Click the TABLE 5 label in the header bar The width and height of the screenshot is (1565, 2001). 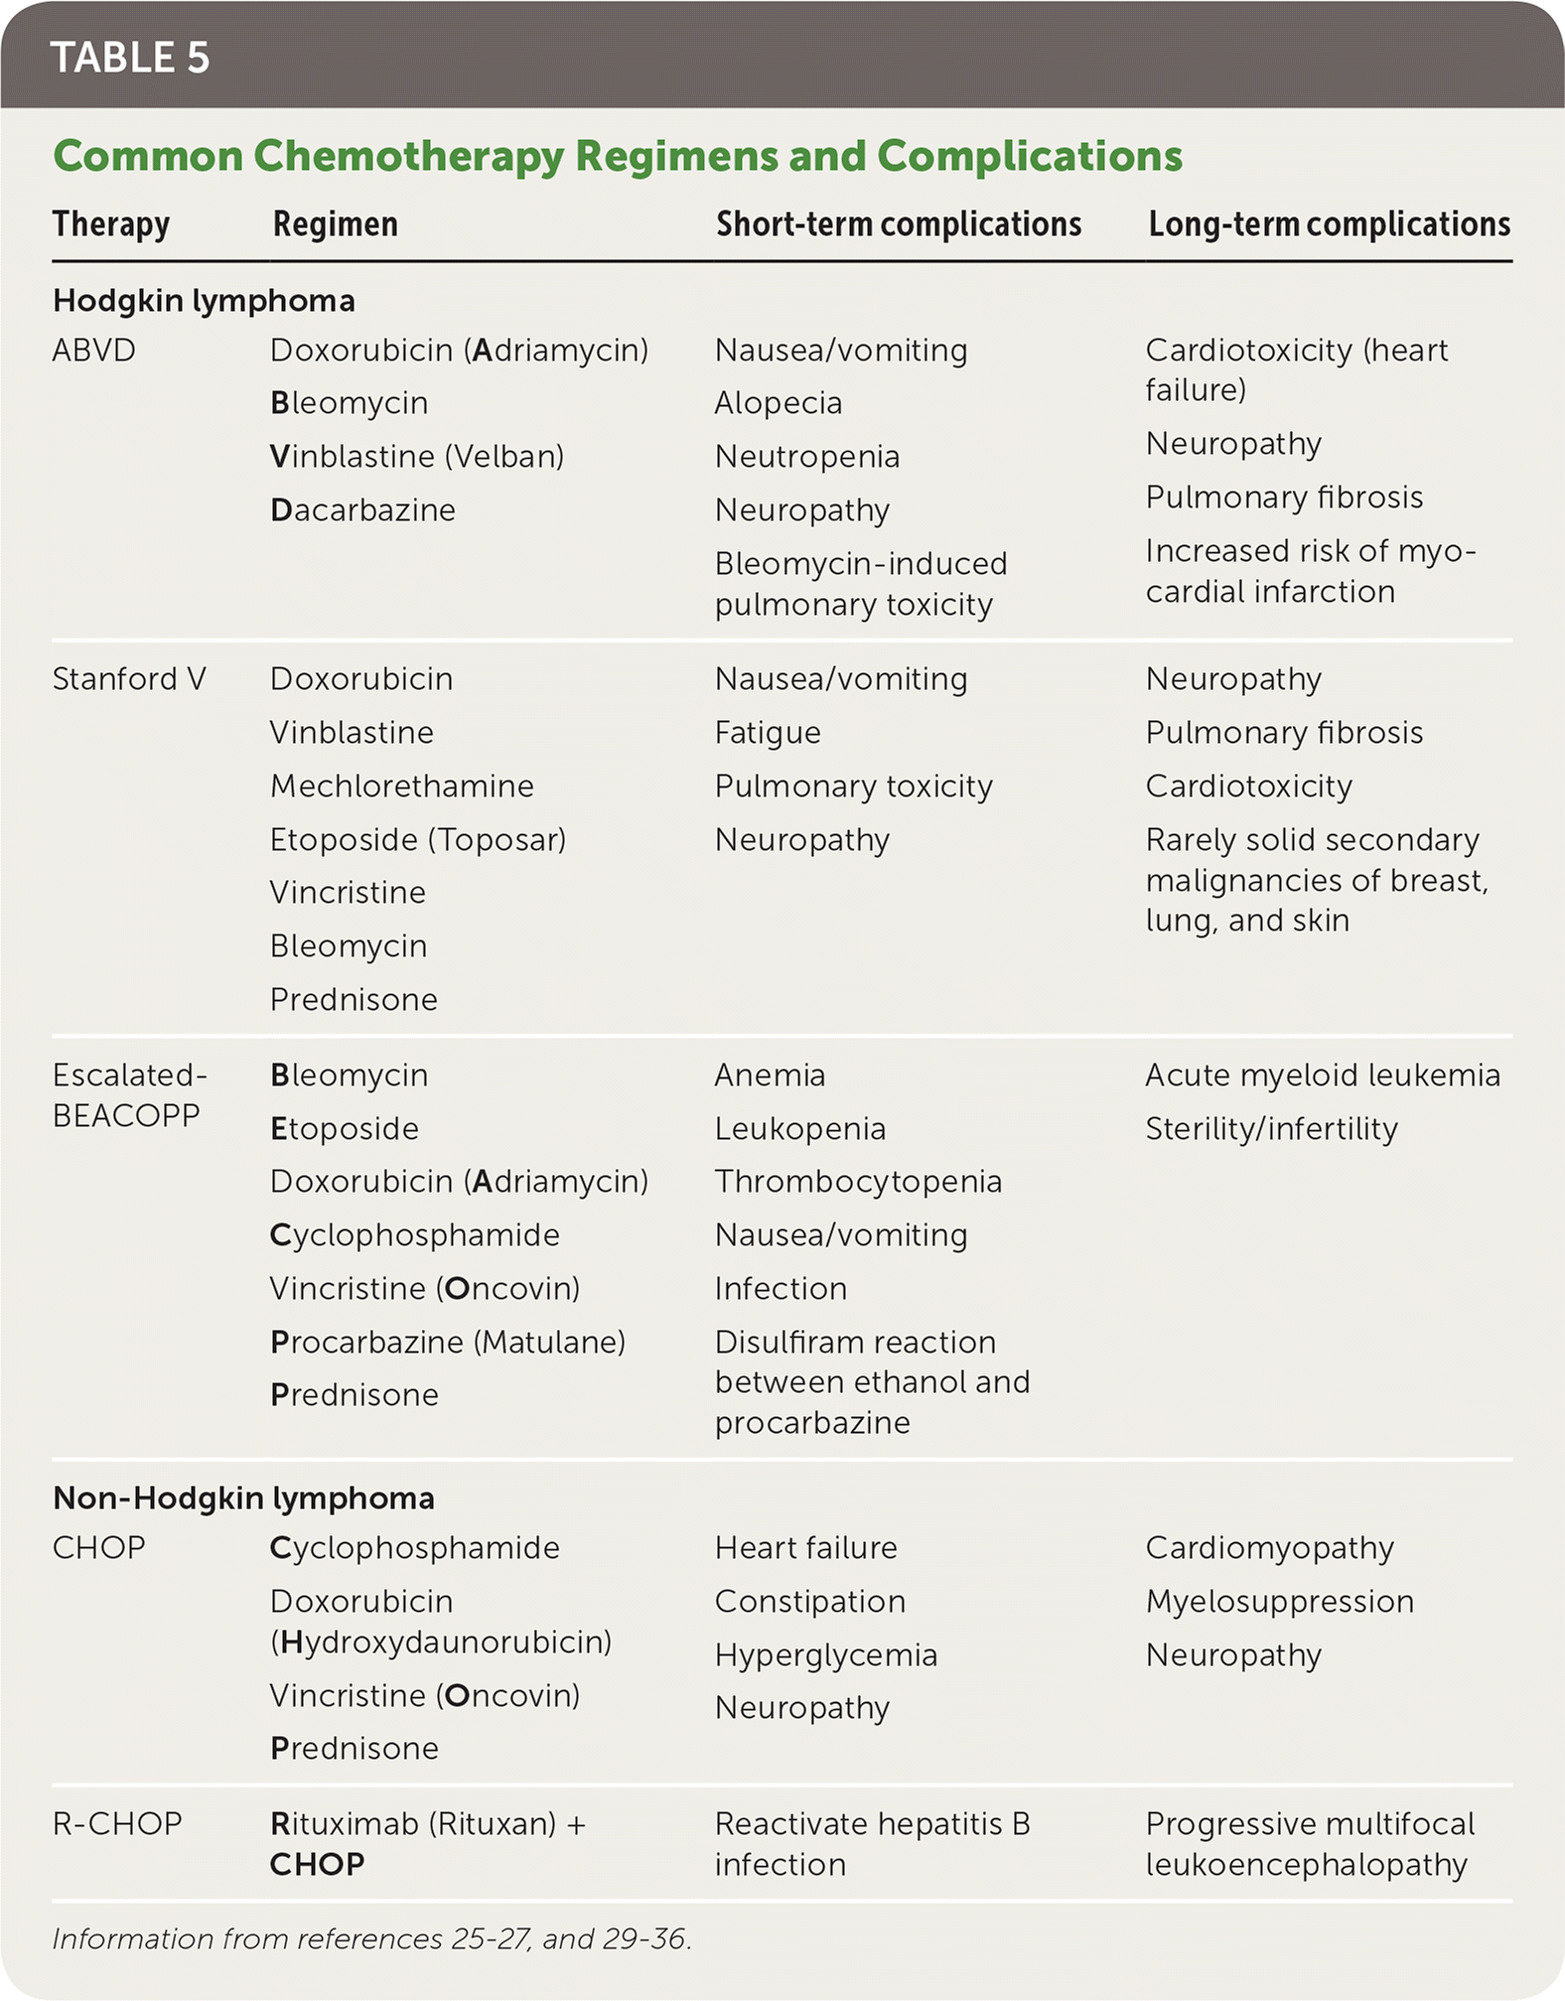pyautogui.click(x=129, y=58)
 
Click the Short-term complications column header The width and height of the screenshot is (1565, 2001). pyautogui.click(x=899, y=224)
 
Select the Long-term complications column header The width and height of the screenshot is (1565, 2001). pyautogui.click(x=1329, y=224)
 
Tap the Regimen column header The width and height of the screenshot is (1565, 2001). pyautogui.click(x=335, y=224)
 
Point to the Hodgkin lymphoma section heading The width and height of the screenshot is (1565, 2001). pyautogui.click(x=204, y=301)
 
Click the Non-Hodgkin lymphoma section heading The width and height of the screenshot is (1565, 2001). pyautogui.click(x=243, y=1498)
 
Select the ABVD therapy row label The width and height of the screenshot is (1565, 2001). pyautogui.click(x=93, y=351)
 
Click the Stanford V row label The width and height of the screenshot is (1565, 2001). pyautogui.click(x=129, y=679)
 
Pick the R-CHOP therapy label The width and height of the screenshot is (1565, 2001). pyautogui.click(x=117, y=1824)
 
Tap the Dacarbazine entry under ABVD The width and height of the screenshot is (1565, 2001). pyautogui.click(x=362, y=510)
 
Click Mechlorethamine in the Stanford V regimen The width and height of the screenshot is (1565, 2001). pyautogui.click(x=401, y=786)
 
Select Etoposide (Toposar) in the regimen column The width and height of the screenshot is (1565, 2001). pyautogui.click(x=417, y=840)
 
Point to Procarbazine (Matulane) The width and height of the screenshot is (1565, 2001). pyautogui.click(x=447, y=1343)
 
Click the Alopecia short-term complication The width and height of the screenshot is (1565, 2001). pyautogui.click(x=778, y=403)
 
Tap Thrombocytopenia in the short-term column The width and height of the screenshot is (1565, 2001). pyautogui.click(x=858, y=1182)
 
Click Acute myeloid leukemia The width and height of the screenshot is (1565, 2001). pyautogui.click(x=1322, y=1075)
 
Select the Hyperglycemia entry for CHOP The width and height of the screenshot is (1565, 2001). pyautogui.click(x=825, y=1655)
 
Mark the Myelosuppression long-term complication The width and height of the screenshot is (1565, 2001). pyautogui.click(x=1279, y=1602)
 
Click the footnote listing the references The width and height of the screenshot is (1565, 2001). pyautogui.click(x=371, y=1938)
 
